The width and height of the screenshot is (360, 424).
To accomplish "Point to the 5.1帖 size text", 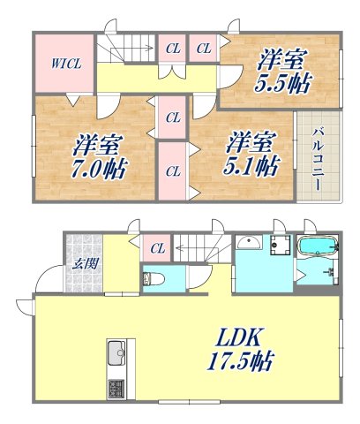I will [251, 165].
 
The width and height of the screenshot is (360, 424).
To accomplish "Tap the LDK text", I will [237, 337].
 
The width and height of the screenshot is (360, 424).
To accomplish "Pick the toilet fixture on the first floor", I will [153, 279].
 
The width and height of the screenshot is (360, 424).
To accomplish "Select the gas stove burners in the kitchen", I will [116, 387].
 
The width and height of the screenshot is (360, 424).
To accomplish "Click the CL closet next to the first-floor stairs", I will [159, 248].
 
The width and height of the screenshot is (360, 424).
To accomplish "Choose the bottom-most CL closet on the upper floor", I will [172, 170].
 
